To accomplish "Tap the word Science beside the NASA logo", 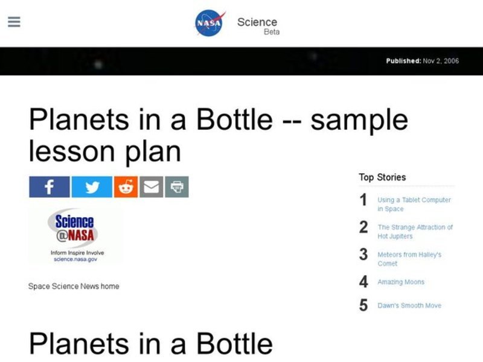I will point(257,22).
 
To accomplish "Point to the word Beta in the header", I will point(272,32).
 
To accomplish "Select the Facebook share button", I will point(50,187).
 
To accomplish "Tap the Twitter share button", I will point(92,187).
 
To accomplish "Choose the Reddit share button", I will point(126,187).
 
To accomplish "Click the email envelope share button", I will point(152,187).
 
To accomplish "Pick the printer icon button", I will point(177,187).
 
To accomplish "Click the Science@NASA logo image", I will point(75,235).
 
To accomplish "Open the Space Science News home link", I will point(74,286).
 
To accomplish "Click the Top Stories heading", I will point(382,177).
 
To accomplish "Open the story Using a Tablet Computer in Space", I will point(414,204).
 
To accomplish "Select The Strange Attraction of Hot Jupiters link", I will point(415,232).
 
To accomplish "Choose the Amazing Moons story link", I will point(401,282).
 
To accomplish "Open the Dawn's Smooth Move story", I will point(409,305).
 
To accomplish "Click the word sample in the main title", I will point(359,121).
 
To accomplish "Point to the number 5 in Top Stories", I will point(363,305).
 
